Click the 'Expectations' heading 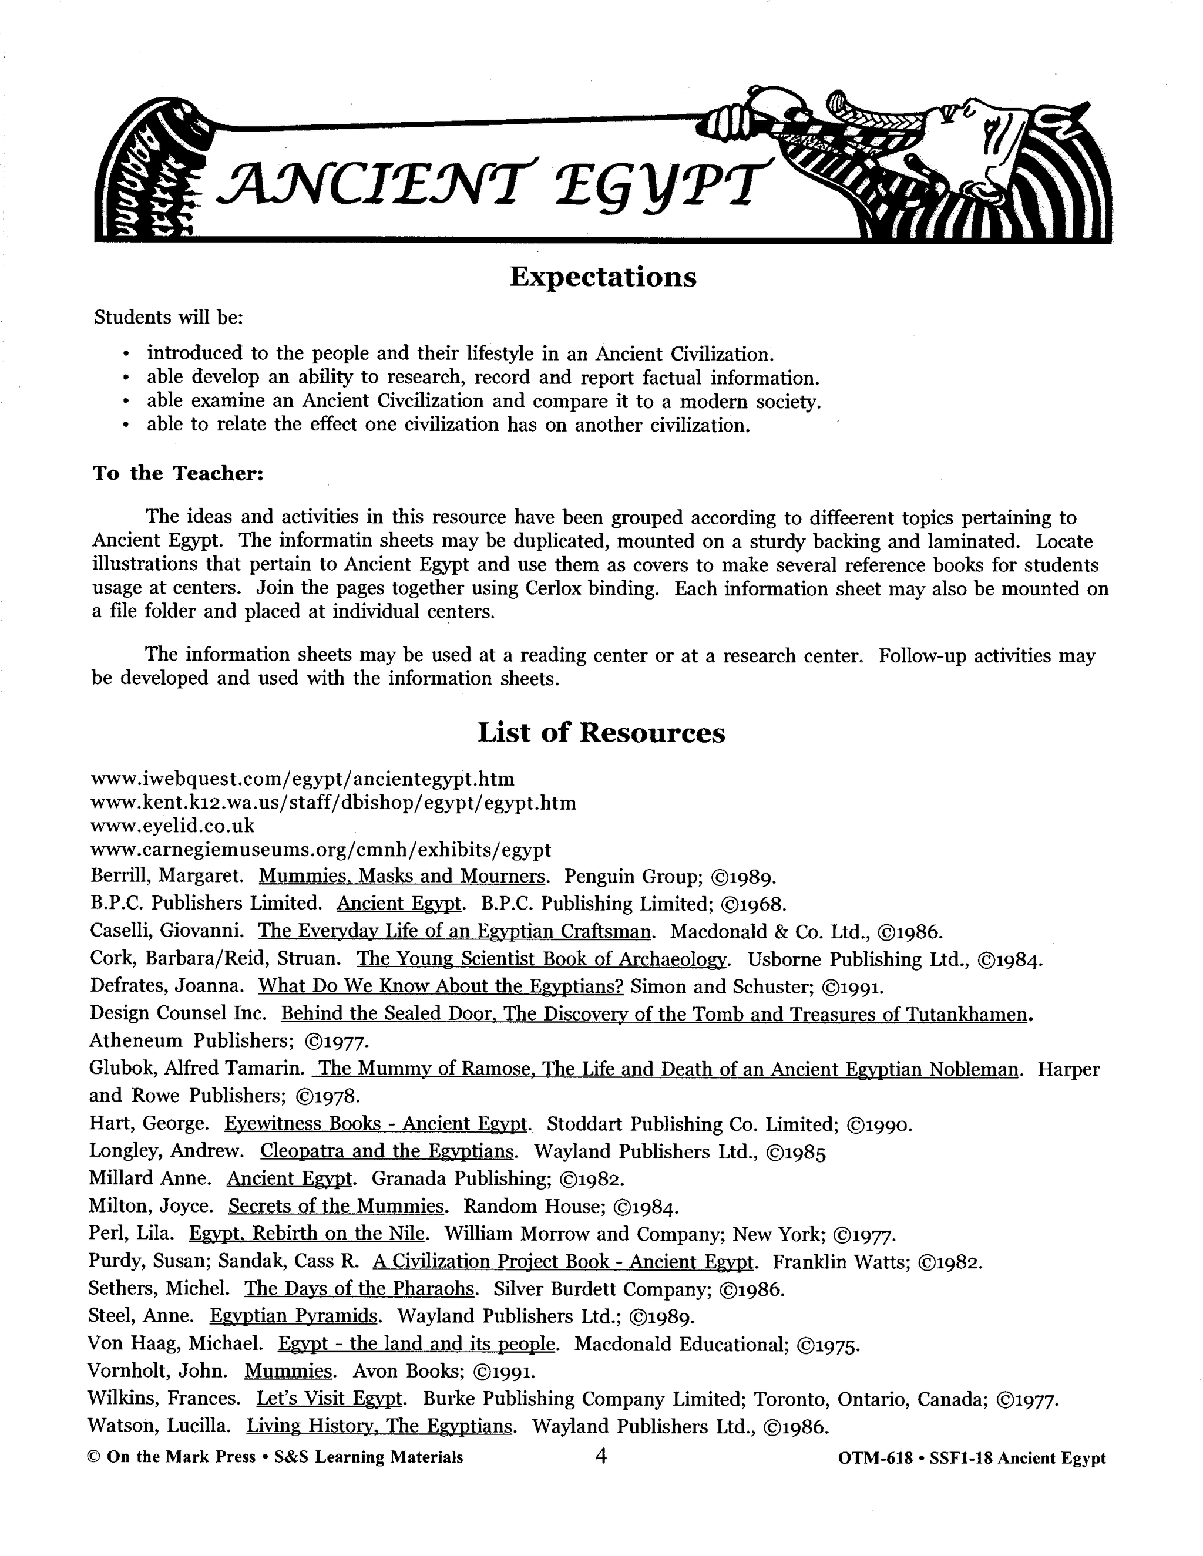coord(603,277)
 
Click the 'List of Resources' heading coord(601,732)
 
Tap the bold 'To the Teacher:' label coord(178,473)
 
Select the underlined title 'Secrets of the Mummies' coord(337,1205)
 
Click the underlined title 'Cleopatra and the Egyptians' coord(387,1151)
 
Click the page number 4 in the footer coord(600,1456)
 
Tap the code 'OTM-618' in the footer coord(876,1459)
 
